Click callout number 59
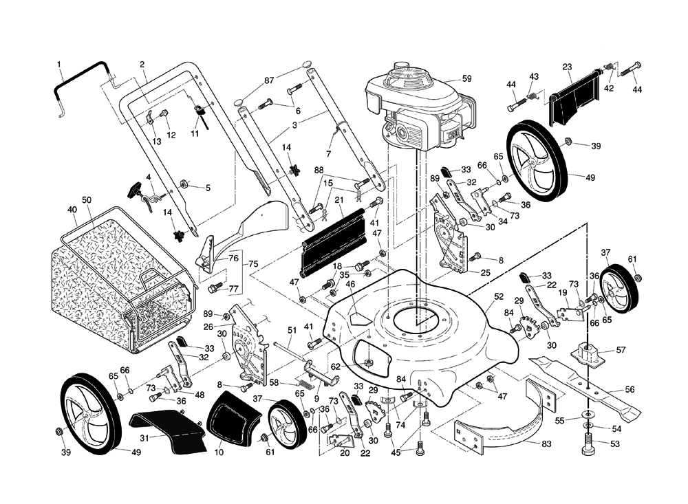pyautogui.click(x=467, y=79)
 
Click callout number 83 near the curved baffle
pyautogui.click(x=546, y=444)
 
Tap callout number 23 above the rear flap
pyautogui.click(x=568, y=67)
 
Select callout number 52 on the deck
pyautogui.click(x=499, y=296)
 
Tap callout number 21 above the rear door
pyautogui.click(x=338, y=199)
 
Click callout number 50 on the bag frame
pyautogui.click(x=87, y=199)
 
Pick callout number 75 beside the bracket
pyautogui.click(x=252, y=264)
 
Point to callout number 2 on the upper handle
pyautogui.click(x=142, y=65)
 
